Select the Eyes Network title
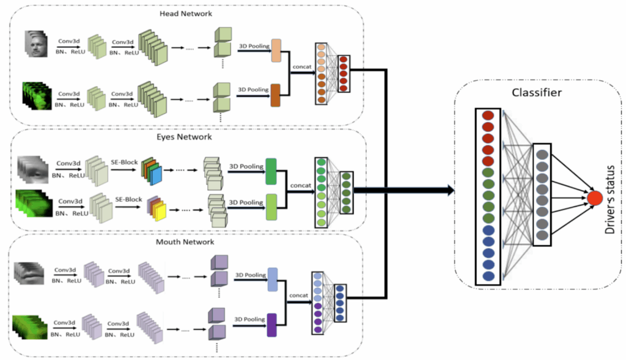click(x=186, y=137)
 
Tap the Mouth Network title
click(x=185, y=242)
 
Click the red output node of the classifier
click(x=594, y=197)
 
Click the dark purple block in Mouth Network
click(x=272, y=325)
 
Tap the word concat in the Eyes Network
click(x=301, y=185)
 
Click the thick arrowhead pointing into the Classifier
click(x=449, y=191)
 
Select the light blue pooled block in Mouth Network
click(x=272, y=279)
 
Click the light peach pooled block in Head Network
click(x=275, y=50)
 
